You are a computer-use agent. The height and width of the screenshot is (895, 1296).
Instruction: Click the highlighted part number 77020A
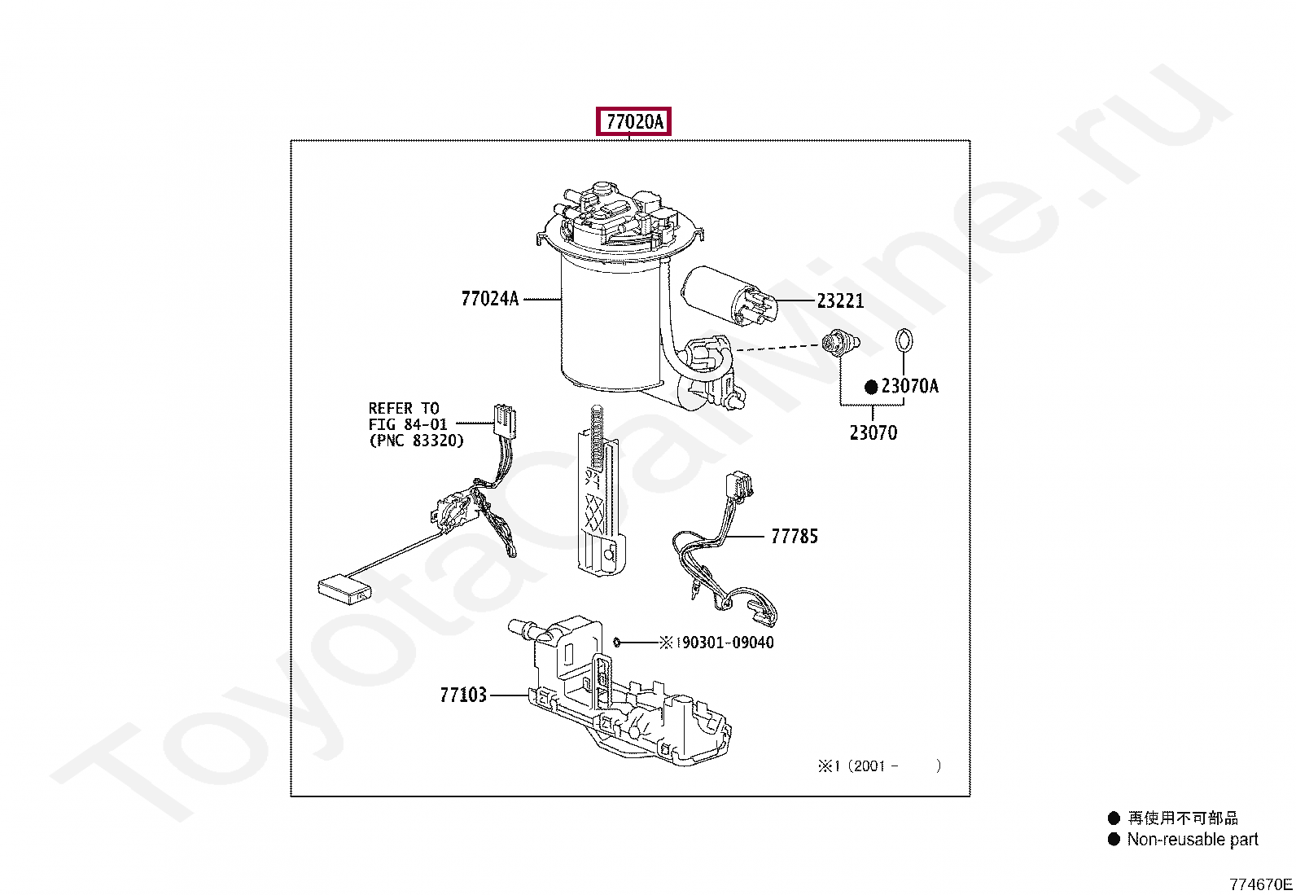(634, 122)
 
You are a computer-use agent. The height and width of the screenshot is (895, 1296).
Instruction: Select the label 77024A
(489, 299)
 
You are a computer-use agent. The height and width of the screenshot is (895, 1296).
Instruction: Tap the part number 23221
(839, 301)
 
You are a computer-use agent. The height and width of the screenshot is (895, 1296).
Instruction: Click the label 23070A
(909, 386)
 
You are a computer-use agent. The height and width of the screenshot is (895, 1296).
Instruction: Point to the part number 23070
(873, 433)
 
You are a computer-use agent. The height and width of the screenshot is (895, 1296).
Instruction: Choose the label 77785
(794, 537)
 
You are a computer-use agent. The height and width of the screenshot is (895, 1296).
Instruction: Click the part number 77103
(462, 695)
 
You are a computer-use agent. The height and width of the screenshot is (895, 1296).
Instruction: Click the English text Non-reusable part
(1192, 840)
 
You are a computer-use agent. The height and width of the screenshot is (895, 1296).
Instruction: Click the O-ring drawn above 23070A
(904, 340)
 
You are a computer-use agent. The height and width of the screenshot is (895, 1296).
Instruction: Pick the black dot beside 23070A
(870, 387)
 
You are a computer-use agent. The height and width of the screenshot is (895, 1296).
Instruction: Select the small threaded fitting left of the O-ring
(839, 344)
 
